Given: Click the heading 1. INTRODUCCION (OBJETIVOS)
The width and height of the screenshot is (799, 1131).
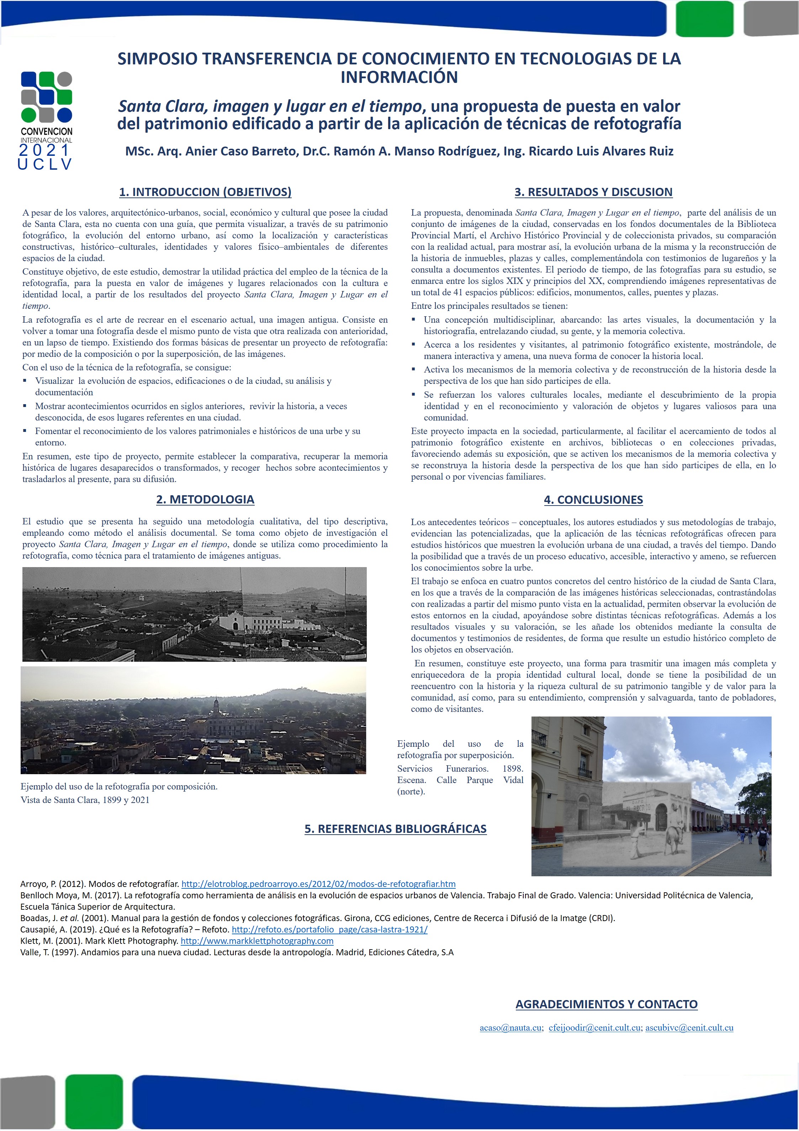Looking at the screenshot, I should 205,192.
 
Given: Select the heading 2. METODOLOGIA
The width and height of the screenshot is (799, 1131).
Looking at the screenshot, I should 205,500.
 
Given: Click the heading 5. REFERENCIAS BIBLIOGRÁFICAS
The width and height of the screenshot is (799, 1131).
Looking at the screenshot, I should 395,829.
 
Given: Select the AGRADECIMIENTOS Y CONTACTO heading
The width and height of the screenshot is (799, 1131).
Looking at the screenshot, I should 607,1004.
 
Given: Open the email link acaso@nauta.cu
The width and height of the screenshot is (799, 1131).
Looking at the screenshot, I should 510,1028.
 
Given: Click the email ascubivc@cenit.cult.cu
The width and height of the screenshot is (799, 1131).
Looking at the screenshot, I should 689,1028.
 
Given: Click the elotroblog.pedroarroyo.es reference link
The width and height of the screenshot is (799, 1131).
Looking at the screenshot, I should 318,884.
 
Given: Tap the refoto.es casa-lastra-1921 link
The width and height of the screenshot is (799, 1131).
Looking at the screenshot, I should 329,930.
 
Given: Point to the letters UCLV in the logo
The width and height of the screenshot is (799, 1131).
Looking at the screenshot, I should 45,164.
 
